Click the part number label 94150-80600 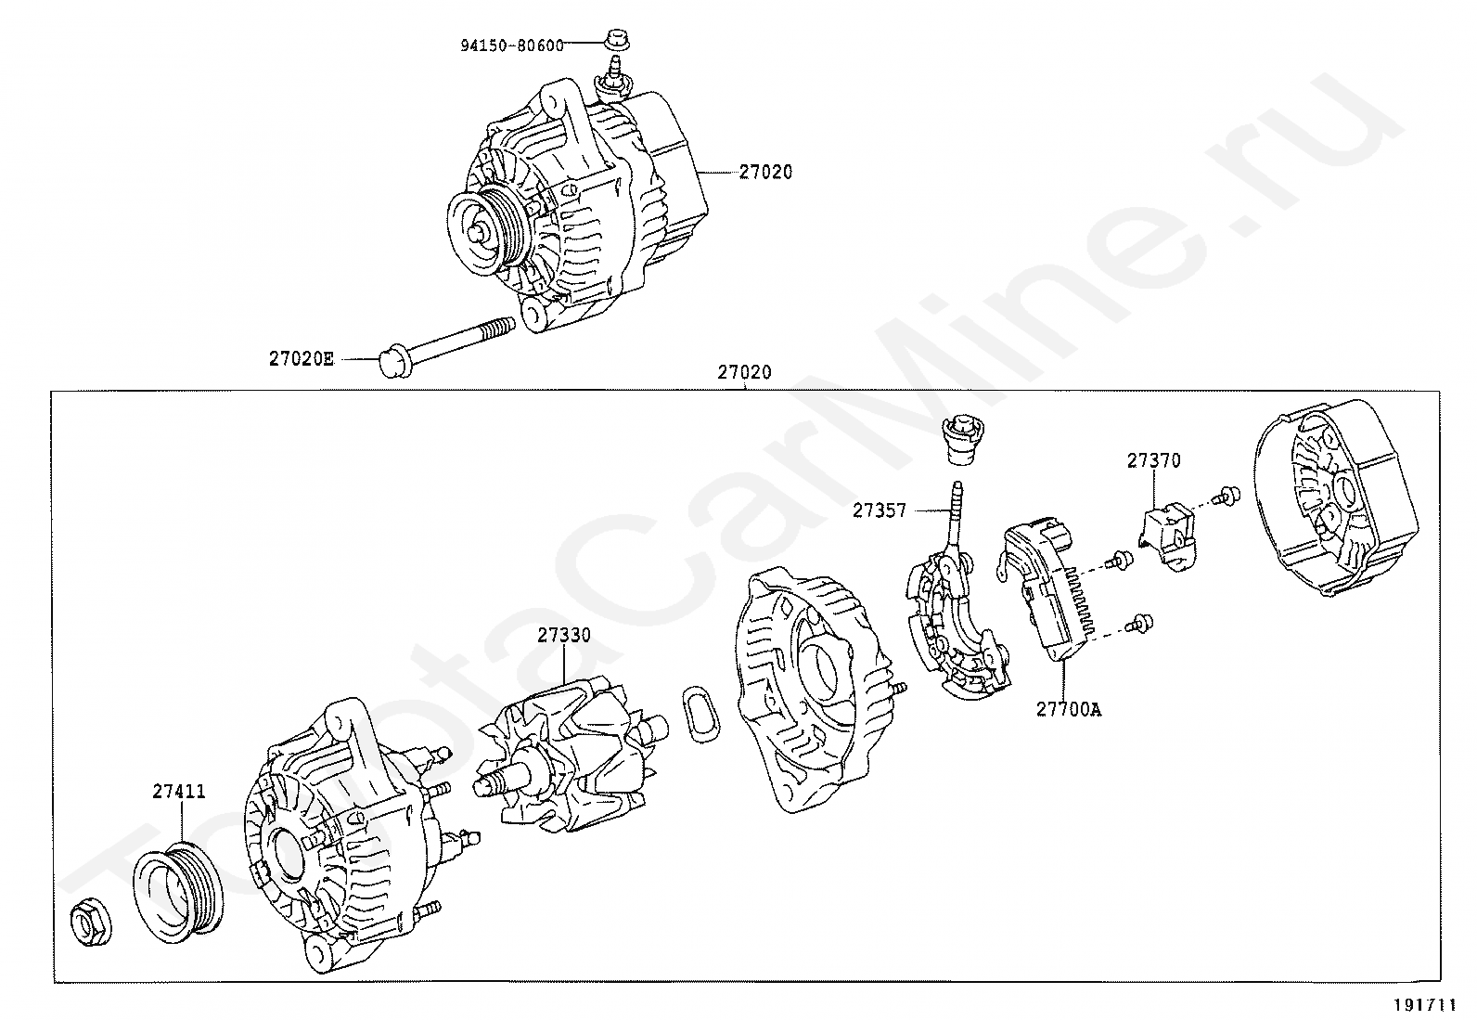(x=511, y=45)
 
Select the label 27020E (x=301, y=358)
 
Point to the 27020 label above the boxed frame (x=744, y=373)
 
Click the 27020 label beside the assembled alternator (x=766, y=172)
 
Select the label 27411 (x=180, y=791)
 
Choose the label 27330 (x=563, y=635)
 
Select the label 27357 (x=880, y=510)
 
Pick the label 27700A (x=1069, y=709)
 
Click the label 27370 (x=1154, y=460)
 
